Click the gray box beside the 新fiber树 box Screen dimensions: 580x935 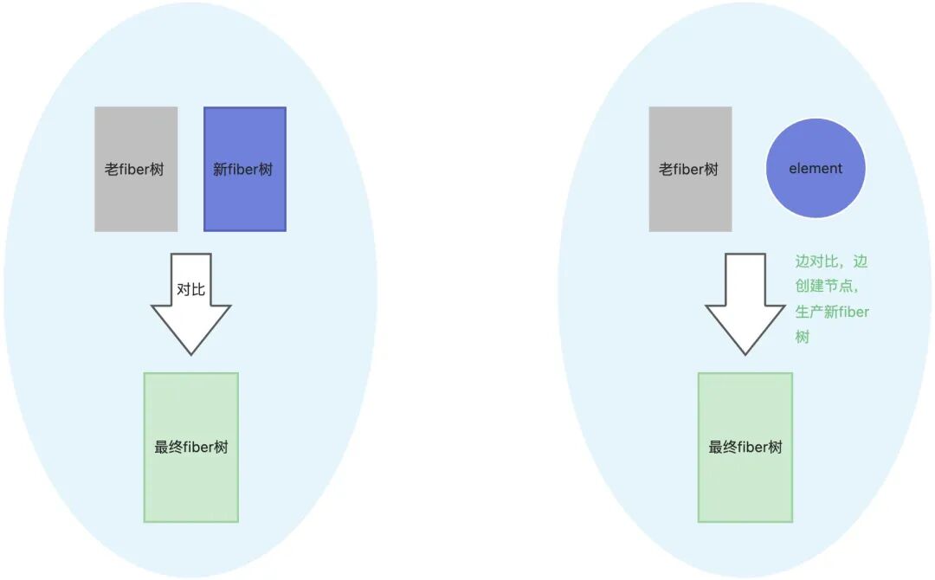point(136,199)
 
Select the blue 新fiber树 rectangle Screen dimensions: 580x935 point(245,199)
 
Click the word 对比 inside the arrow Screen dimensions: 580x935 point(190,289)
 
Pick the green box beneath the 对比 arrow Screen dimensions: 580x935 point(190,485)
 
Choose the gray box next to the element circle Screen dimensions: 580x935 point(690,199)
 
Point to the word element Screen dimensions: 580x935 point(816,169)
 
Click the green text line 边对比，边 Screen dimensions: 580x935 point(831,261)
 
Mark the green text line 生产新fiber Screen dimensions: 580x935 point(832,312)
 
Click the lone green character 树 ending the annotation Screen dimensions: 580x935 point(803,337)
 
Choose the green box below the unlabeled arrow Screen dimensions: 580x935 point(745,485)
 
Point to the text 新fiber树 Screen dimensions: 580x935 point(243,170)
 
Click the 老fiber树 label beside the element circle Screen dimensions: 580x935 point(689,170)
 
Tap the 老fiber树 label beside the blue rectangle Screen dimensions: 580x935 point(134,170)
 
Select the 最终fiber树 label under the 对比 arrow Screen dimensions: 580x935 point(191,448)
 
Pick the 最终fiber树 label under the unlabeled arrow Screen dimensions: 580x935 point(745,448)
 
